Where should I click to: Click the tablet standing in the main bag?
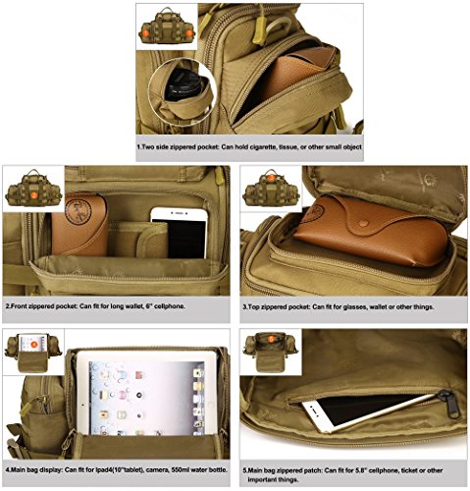point(147,393)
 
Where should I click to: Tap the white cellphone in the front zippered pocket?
point(180,233)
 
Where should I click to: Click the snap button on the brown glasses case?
point(362,223)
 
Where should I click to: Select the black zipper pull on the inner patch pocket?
point(449,404)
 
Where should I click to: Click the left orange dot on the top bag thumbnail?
point(145,33)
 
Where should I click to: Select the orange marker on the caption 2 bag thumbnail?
point(34,194)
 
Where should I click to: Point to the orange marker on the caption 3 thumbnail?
point(271,178)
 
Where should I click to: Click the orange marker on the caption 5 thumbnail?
point(271,339)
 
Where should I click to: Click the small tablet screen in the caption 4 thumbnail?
point(32,343)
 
